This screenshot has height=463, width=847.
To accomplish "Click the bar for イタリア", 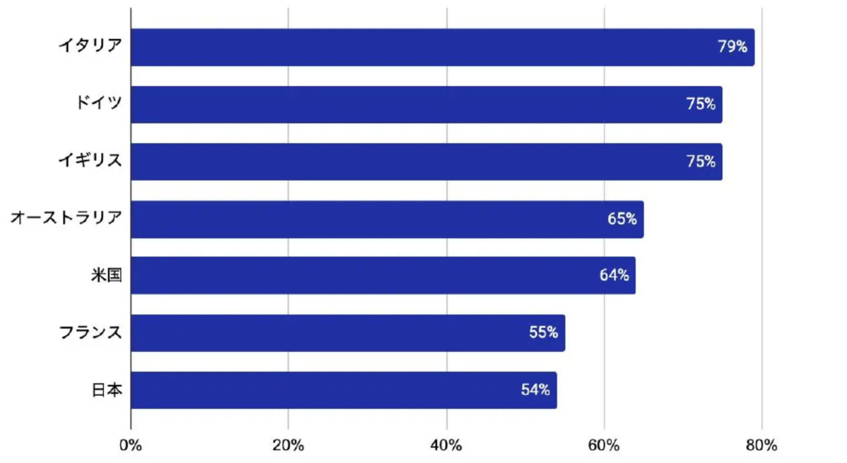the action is pos(443,47).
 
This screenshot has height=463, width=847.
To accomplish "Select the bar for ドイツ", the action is pos(427,105).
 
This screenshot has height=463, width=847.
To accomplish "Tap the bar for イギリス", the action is pos(427,162).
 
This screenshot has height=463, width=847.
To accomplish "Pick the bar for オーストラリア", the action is pos(387,220).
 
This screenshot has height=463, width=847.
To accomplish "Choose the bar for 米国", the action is pos(383,275).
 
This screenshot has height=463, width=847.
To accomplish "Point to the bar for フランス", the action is pos(348,333).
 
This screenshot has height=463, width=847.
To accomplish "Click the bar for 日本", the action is pos(344,390).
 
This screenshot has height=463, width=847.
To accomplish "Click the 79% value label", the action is pos(732,47).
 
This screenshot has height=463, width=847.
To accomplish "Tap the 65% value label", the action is pos(622,219).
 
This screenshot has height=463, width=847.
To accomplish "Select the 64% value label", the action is pos(614,275).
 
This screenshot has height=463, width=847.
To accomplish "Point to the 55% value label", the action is pos(543,332).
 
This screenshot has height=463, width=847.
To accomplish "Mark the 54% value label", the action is pos(535,390).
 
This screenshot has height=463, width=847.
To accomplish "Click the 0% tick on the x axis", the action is pos(131,446).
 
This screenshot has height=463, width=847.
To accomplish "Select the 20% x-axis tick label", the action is pos(288,446).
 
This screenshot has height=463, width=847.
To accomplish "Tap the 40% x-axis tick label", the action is pos(446,446).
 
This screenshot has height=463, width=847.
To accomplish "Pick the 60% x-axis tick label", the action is pos(604,446).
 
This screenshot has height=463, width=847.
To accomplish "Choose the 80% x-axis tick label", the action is pos(761,446).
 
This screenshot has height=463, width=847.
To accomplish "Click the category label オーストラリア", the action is pos(67,218).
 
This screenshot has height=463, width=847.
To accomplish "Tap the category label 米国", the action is pos(107,275).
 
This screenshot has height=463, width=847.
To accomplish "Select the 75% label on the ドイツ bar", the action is pos(701,104).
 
